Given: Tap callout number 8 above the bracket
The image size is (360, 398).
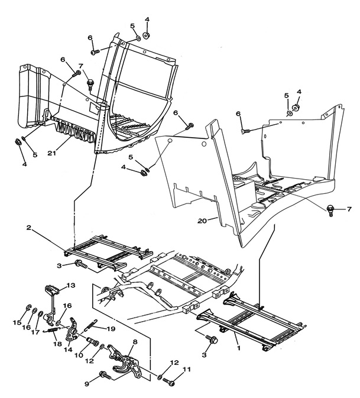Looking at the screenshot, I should point(135,341).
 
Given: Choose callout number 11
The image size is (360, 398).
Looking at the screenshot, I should point(189,370).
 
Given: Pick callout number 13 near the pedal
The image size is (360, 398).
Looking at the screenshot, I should point(71,286).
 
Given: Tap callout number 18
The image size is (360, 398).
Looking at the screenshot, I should point(56,343).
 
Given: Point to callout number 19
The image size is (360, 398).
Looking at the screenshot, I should point(112,328).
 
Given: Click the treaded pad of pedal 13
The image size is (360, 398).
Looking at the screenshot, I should point(51,289).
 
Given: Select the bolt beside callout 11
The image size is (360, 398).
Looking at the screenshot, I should point(169,381).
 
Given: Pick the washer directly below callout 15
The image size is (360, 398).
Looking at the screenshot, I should point(28,308).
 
